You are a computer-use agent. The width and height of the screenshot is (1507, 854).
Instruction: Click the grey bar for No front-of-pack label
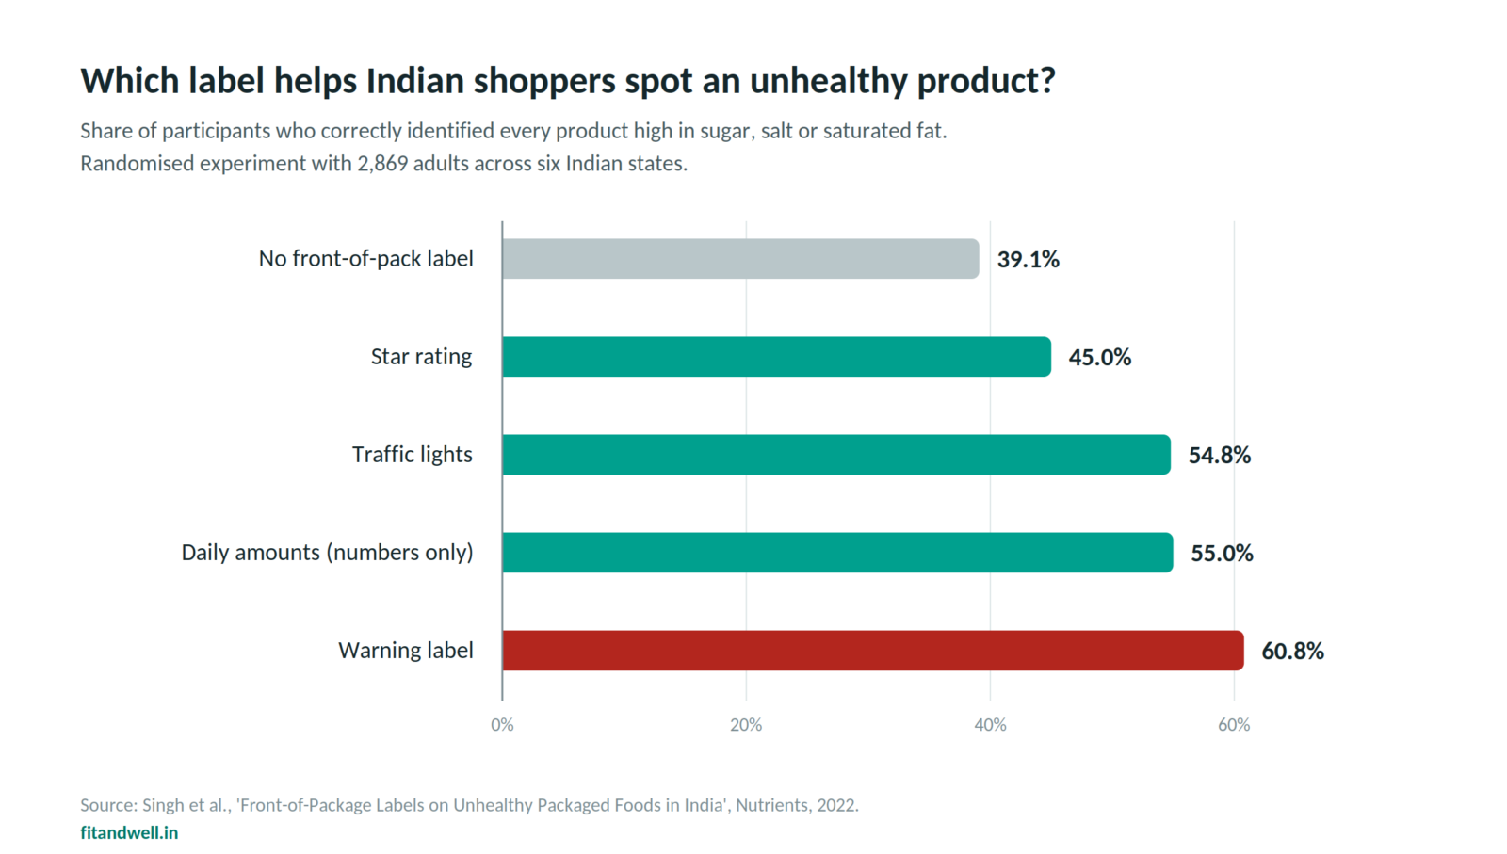coord(740,259)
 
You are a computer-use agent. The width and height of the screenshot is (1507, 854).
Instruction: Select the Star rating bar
coord(776,357)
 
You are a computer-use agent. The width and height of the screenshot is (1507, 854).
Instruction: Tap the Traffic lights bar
coord(836,455)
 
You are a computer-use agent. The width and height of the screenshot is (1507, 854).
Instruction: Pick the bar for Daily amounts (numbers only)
coord(837,553)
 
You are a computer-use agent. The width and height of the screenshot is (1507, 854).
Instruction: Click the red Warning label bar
coord(873,651)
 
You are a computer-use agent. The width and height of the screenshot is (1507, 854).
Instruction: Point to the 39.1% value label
coord(1028,260)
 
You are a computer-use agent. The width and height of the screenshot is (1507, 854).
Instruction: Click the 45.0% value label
coord(1100,357)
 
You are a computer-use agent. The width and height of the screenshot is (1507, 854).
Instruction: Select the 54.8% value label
coord(1220,455)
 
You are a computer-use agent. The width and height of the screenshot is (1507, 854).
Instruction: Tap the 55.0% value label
coord(1222,553)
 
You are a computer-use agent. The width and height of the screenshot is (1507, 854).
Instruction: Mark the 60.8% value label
coord(1292,651)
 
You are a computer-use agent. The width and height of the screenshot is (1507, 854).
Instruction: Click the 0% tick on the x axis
coord(503,725)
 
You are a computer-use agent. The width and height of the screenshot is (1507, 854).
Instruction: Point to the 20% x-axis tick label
coord(746,725)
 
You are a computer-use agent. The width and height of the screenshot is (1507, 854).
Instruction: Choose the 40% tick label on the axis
coord(990,725)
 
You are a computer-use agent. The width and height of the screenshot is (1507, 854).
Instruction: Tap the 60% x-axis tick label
coord(1234,725)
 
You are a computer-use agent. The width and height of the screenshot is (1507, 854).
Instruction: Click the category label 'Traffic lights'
coord(413,455)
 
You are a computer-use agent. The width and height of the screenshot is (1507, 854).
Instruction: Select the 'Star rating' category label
coord(421,357)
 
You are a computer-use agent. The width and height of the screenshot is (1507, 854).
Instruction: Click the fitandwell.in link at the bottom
coord(129,832)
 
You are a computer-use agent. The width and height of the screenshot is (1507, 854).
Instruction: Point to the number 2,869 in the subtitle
coord(382,164)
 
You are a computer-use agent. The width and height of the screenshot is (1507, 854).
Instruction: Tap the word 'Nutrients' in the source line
coord(771,805)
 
